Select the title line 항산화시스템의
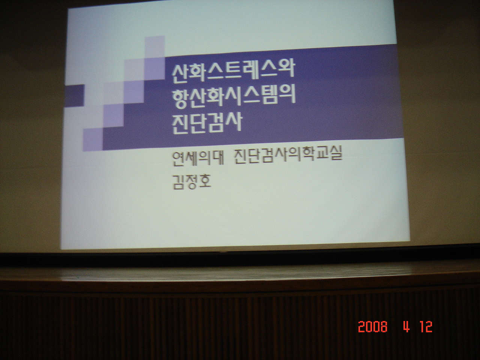tap(234, 97)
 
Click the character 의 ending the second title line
tap(287, 96)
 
